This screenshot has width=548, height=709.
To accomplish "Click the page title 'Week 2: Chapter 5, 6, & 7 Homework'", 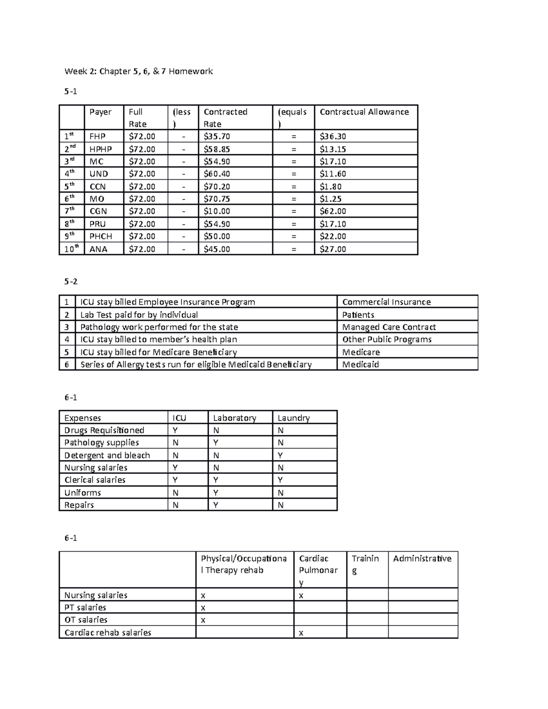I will click(138, 71).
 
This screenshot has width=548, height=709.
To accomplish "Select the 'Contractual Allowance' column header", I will click(364, 112).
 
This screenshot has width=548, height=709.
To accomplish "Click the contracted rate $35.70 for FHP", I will click(217, 137).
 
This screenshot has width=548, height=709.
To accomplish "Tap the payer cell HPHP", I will click(100, 149).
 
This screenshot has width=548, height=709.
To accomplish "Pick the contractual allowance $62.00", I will click(333, 211).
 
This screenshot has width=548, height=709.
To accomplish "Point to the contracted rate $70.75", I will click(217, 199).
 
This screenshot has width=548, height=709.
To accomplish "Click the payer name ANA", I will click(98, 249).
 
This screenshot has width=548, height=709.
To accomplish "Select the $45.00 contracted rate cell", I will click(217, 249).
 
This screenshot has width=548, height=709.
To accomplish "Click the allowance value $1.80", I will click(331, 187).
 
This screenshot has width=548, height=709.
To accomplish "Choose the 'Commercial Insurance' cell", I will click(386, 302).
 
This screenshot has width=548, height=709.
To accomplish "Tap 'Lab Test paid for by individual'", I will click(139, 315).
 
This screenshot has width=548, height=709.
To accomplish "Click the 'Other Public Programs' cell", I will click(387, 340).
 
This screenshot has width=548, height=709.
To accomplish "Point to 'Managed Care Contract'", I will click(389, 327).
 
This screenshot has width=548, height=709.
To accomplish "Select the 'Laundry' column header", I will click(293, 418).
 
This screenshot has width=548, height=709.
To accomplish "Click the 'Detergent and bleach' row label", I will click(107, 456).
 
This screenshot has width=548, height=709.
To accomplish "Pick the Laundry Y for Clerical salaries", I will click(280, 480).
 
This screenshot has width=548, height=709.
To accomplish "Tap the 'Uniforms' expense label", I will click(83, 493).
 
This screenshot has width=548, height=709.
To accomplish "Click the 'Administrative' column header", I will click(422, 559).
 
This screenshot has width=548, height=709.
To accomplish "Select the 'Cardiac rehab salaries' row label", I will click(108, 633).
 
